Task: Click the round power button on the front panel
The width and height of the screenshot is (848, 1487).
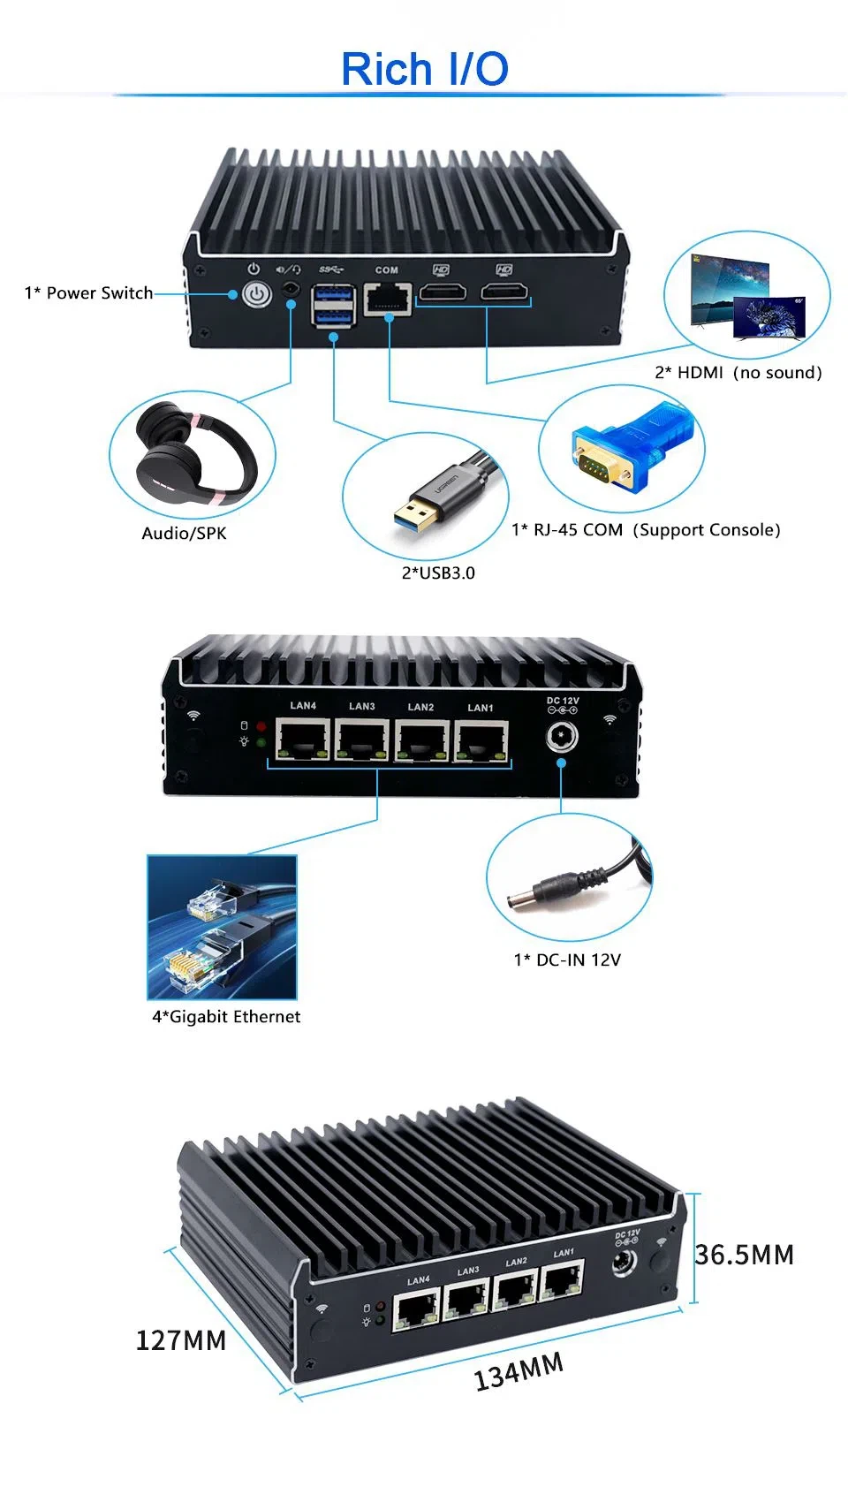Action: coord(256,294)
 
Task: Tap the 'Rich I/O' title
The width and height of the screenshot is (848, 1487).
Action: coord(425,69)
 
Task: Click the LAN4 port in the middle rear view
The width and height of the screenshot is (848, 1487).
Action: coord(303,740)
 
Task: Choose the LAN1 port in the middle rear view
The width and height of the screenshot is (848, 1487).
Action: coord(481,740)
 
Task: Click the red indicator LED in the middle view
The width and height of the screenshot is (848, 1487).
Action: coord(261,726)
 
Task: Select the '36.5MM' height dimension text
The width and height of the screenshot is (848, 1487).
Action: coord(744,1255)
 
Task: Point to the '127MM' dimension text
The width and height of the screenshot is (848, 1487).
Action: coord(181,1340)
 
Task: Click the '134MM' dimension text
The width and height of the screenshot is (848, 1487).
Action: coord(519,1371)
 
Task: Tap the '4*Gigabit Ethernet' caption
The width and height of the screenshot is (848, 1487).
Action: coord(226,1017)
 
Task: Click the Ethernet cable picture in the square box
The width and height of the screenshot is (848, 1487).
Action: coord(222,927)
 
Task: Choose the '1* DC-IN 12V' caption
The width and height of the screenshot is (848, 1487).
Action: coord(567,960)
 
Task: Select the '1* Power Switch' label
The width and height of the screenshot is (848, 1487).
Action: coord(88,293)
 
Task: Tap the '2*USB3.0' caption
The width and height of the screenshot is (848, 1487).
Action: coord(438,573)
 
